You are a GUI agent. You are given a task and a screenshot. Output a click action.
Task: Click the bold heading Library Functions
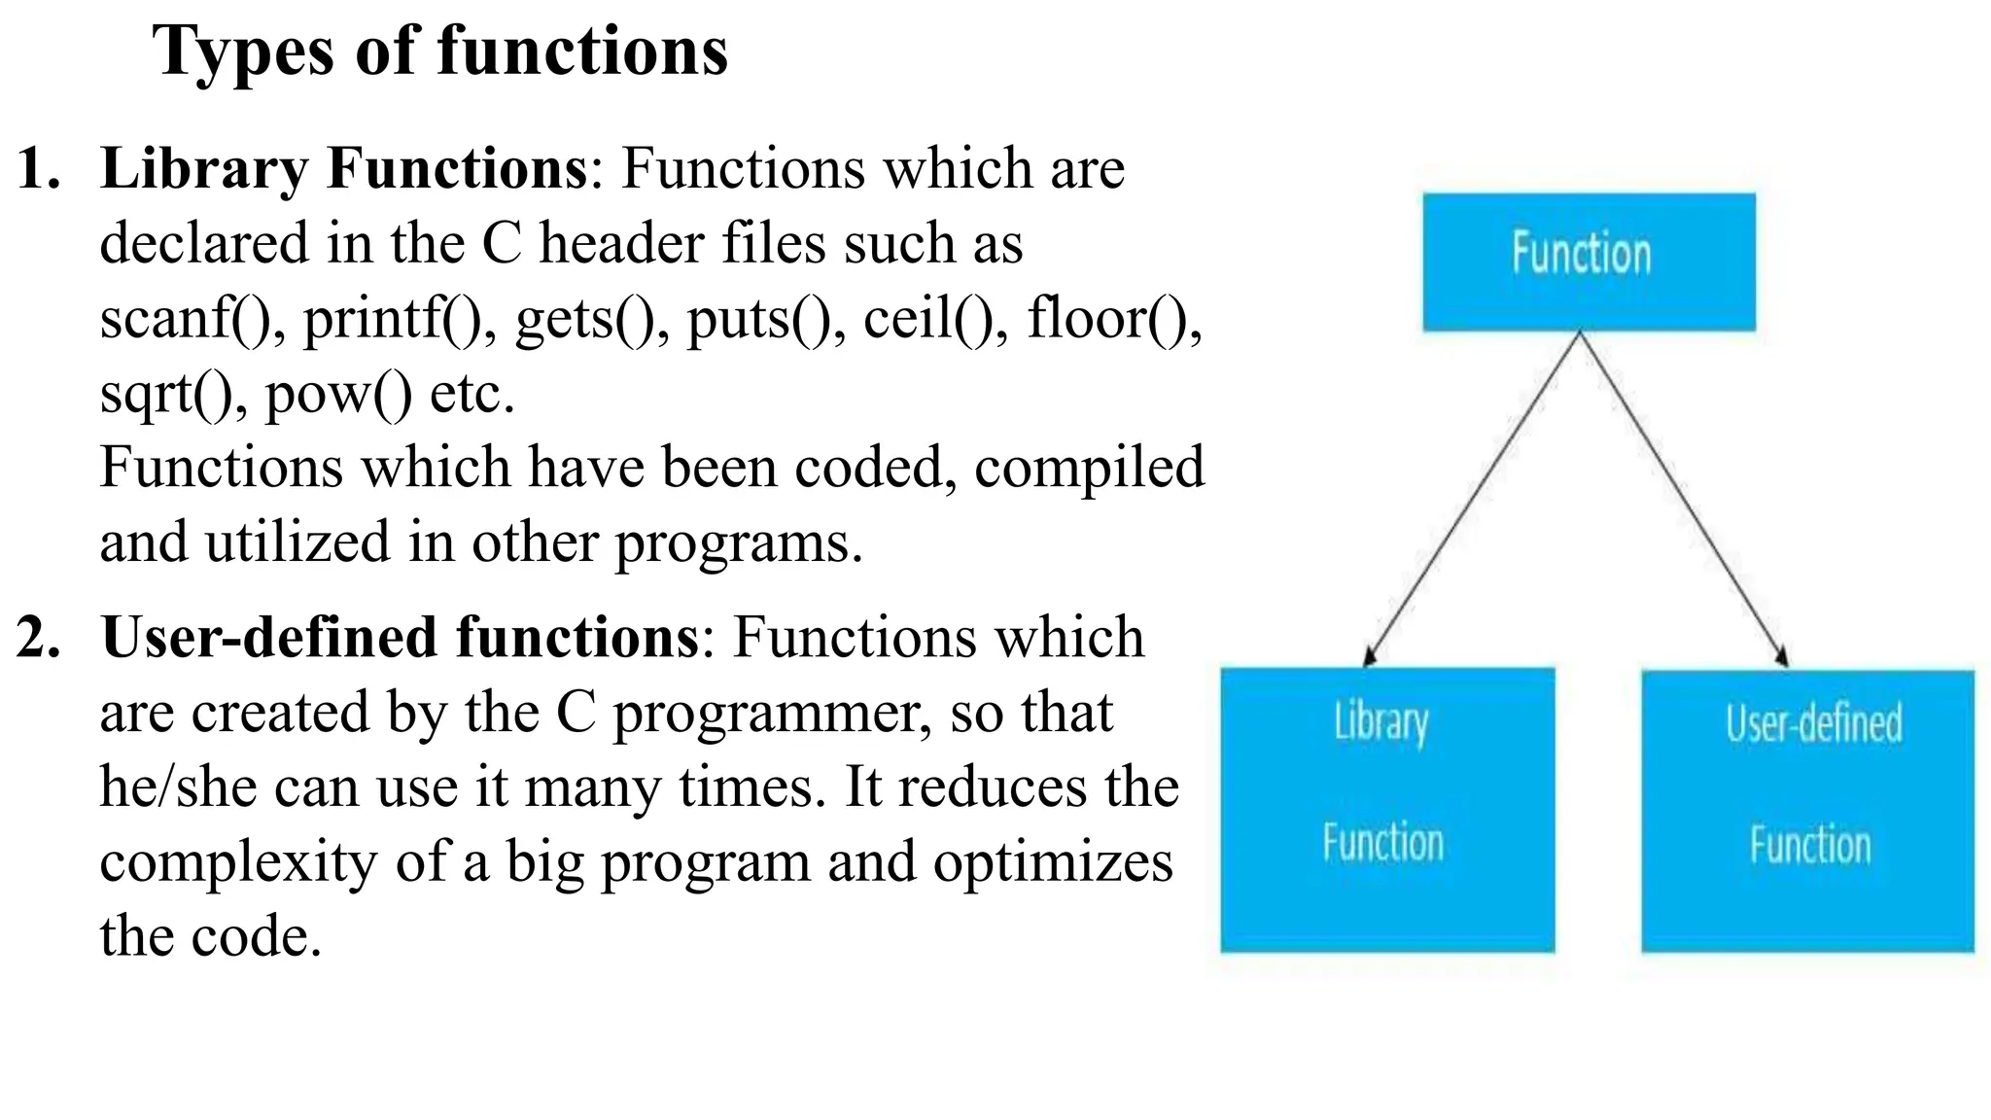click(x=344, y=168)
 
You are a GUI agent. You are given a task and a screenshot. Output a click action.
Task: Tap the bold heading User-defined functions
click(x=399, y=638)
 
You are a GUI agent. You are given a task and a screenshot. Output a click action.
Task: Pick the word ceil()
click(x=932, y=319)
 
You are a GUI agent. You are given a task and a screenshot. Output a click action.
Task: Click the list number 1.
click(x=39, y=168)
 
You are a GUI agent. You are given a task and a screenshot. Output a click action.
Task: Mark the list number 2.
click(x=39, y=638)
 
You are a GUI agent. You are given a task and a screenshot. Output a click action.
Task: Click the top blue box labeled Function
click(x=1589, y=262)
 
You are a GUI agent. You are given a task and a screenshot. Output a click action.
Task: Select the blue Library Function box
click(x=1387, y=809)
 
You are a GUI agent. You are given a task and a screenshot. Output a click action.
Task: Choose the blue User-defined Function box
click(x=1807, y=809)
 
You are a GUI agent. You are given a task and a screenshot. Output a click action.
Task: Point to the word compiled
click(x=1089, y=469)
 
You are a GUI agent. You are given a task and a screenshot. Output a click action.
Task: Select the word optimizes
click(x=1052, y=862)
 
